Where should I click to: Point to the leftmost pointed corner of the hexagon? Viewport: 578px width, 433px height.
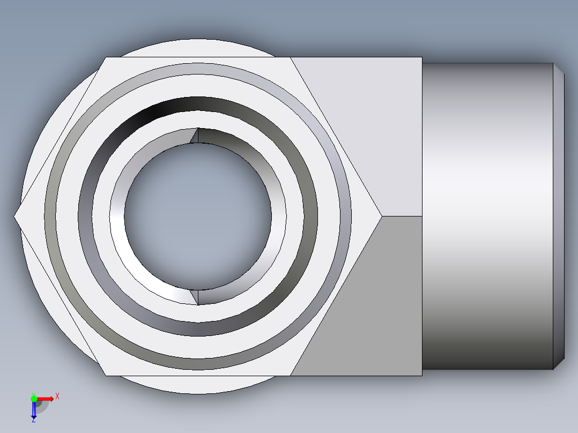coord(14,216)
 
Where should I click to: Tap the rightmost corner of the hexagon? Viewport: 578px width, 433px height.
coord(382,216)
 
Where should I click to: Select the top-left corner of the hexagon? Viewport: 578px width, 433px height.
coord(106,57)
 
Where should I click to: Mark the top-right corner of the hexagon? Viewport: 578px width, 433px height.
coord(290,57)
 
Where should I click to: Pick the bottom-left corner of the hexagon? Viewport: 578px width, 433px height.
coord(106,375)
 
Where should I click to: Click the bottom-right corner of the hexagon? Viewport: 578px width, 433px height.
coord(290,375)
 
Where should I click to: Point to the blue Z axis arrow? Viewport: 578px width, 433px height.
coord(34,410)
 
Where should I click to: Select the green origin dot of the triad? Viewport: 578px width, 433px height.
coord(34,399)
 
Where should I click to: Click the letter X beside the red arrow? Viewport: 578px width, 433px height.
coord(57,396)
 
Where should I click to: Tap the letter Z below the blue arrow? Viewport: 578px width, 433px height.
coord(33,421)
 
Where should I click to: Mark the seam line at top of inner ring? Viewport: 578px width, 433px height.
coord(198,136)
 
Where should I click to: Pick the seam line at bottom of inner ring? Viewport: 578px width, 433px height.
coord(198,297)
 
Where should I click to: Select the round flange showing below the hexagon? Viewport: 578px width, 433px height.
coord(198,385)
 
